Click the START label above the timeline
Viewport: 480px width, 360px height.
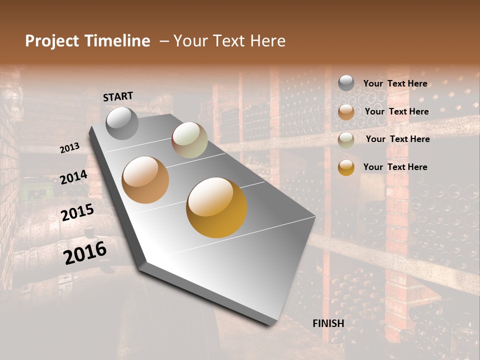(x=118, y=96)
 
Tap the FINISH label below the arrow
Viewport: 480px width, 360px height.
(x=328, y=323)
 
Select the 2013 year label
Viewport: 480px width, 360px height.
(x=69, y=148)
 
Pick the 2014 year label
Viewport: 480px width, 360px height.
(x=74, y=177)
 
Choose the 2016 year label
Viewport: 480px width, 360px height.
(x=85, y=253)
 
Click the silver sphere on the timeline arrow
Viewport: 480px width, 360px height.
(x=122, y=123)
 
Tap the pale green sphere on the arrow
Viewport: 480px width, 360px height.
(x=189, y=140)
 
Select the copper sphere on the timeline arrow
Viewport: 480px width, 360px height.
(x=145, y=179)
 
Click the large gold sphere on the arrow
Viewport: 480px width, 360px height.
(x=216, y=207)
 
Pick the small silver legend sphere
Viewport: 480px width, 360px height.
(x=346, y=83)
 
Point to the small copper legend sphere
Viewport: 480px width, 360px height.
(x=346, y=111)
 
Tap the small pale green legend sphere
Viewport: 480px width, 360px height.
(x=346, y=139)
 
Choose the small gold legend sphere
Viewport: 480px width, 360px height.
(x=346, y=167)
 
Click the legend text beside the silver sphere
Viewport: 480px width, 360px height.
(x=395, y=83)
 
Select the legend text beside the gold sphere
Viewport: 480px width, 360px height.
(x=395, y=167)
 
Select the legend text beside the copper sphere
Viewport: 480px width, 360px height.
(x=396, y=111)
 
